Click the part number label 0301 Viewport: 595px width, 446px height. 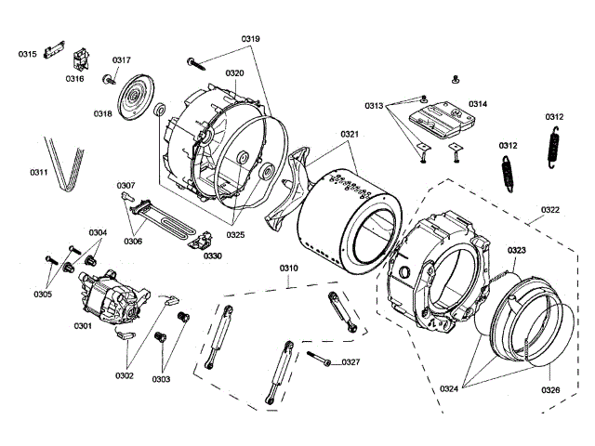(83, 326)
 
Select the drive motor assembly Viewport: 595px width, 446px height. (113, 297)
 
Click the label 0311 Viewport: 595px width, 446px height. (39, 173)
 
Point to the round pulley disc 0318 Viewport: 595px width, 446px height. (136, 98)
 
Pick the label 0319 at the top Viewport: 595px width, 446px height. (250, 39)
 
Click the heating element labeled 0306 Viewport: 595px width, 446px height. (164, 219)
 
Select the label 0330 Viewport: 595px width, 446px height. (213, 256)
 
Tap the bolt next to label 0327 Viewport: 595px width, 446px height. (319, 359)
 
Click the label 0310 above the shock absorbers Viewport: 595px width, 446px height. (289, 269)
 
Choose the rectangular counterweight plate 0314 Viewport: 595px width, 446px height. (443, 119)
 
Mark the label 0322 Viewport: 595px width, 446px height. (550, 210)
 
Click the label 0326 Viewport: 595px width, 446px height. (550, 390)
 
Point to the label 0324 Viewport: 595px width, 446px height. (449, 388)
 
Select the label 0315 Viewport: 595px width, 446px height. (27, 54)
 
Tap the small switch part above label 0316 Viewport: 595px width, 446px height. (82, 59)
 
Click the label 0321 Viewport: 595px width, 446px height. (350, 134)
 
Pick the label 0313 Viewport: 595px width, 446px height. (374, 106)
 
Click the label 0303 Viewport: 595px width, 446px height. (161, 379)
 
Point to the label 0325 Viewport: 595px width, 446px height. (235, 235)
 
